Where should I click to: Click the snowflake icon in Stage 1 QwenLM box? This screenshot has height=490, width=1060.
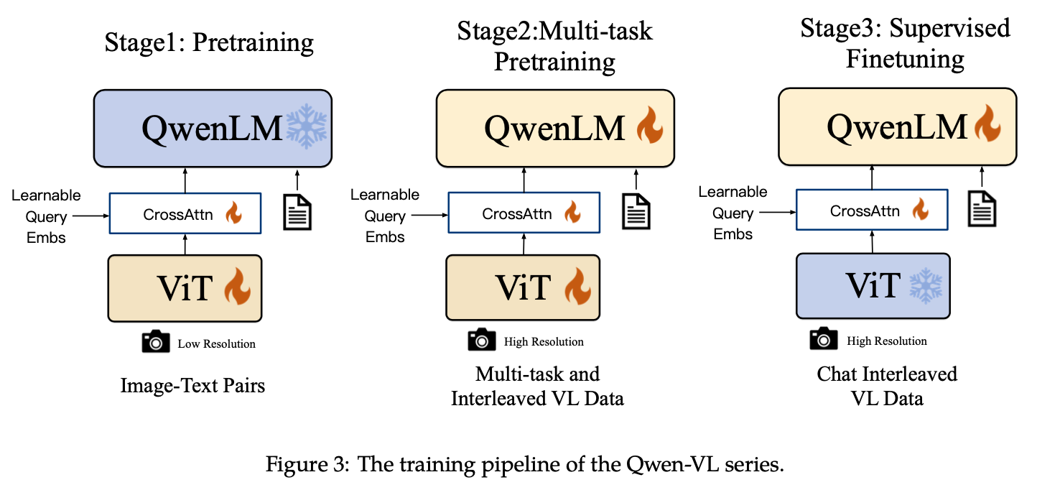(x=307, y=129)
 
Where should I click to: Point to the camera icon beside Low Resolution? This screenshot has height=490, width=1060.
(x=156, y=343)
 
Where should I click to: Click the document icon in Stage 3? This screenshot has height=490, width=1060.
(x=982, y=209)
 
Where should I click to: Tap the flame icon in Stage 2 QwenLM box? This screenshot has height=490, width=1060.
(x=650, y=128)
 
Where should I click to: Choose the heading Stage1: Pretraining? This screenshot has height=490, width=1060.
(x=209, y=42)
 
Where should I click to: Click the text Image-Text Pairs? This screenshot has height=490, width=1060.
(x=192, y=386)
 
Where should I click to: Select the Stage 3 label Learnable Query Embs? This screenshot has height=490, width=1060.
(x=733, y=213)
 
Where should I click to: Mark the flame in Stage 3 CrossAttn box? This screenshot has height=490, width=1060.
(x=920, y=210)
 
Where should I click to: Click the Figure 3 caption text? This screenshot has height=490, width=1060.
(x=525, y=463)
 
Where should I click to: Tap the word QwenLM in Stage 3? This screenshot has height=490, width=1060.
(x=897, y=127)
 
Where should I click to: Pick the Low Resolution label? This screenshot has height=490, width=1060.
(x=216, y=343)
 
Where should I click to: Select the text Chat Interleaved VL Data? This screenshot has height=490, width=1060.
(x=887, y=386)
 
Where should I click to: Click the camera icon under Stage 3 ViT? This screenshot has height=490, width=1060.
(x=824, y=339)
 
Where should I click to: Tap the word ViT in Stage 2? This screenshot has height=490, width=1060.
(x=523, y=287)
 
